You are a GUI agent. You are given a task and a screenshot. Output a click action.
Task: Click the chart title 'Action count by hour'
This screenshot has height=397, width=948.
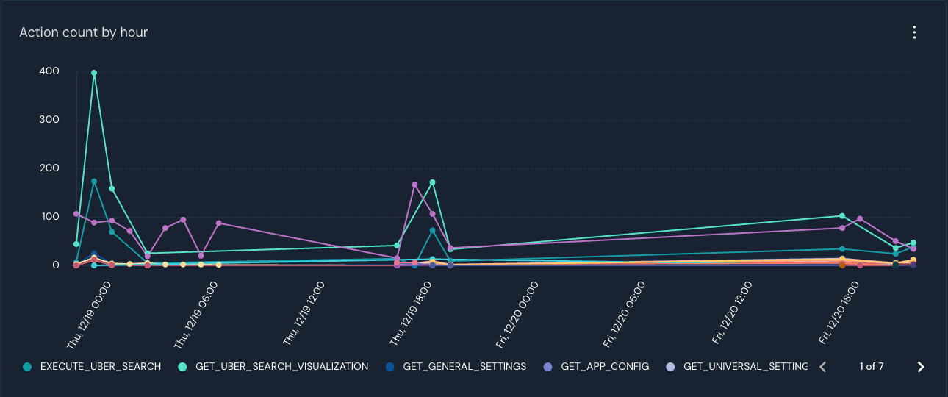84,32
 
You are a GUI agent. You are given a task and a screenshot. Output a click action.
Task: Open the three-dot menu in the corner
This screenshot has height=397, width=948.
914,32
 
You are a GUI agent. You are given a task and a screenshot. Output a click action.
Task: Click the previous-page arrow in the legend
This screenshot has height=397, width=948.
823,367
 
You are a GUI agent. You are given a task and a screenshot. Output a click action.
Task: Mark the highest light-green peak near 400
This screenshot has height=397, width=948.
94,73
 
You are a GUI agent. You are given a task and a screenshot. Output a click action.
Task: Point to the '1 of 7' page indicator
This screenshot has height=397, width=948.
872,366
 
